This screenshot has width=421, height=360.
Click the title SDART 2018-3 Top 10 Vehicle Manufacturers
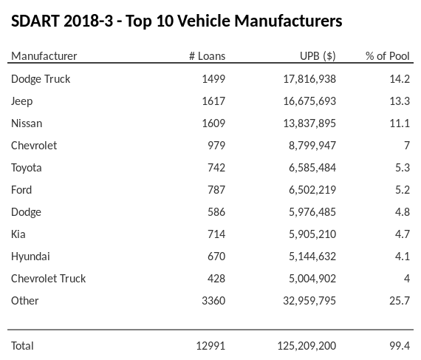pos(177,21)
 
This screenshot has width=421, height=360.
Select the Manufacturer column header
pos(44,56)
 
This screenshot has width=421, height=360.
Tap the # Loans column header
pos(208,56)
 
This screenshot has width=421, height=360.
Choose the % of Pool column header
pos(388,56)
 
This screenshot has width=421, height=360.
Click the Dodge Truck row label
pos(41,78)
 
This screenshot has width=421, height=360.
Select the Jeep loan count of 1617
pos(213,101)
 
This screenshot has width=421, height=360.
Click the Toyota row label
pos(27,167)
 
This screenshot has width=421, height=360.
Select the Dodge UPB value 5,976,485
pos(307,211)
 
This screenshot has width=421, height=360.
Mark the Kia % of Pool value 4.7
pos(403,234)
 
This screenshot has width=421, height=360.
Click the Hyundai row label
pos(30,256)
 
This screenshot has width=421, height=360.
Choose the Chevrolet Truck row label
pos(48,278)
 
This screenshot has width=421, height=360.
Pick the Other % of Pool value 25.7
pos(400,300)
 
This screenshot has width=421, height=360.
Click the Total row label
pos(22,345)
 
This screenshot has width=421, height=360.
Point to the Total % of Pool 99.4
pos(400,345)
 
